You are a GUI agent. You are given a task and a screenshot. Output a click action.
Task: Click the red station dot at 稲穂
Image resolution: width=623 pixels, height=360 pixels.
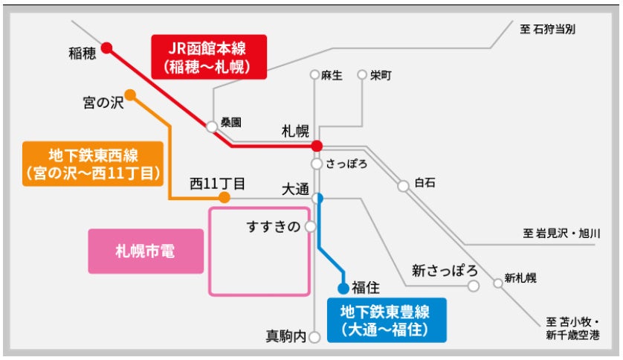coord(106,48)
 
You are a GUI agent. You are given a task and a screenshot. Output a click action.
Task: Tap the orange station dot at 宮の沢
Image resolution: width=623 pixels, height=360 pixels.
coord(130,95)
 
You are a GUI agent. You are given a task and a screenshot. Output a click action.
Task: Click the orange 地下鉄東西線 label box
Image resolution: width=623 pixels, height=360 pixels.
coord(93,164)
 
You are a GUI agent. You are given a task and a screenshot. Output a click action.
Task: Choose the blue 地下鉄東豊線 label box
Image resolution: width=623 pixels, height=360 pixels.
coord(385,318)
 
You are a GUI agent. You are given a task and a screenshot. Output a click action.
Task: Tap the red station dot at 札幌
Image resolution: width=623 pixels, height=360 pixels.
coord(317,146)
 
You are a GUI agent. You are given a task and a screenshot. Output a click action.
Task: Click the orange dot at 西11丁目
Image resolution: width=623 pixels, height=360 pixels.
coord(224,198)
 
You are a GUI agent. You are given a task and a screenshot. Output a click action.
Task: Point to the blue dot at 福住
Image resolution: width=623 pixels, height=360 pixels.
coord(343,288)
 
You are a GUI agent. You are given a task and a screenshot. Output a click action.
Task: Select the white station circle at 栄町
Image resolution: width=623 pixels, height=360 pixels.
coord(362,75)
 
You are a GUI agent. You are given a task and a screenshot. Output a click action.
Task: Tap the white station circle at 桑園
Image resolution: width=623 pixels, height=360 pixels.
coord(212,126)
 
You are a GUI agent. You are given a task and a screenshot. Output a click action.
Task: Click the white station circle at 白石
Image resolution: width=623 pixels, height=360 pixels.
coord(403,186)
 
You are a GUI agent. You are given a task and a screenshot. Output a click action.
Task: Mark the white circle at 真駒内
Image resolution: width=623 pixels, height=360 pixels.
coord(315,336)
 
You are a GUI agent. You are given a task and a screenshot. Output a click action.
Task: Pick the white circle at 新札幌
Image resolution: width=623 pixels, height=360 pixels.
coord(497,283)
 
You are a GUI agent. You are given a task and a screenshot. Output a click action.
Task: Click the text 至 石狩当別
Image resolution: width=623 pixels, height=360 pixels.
coord(548,29)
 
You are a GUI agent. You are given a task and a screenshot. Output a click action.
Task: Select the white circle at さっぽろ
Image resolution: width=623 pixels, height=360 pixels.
coord(317,164)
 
